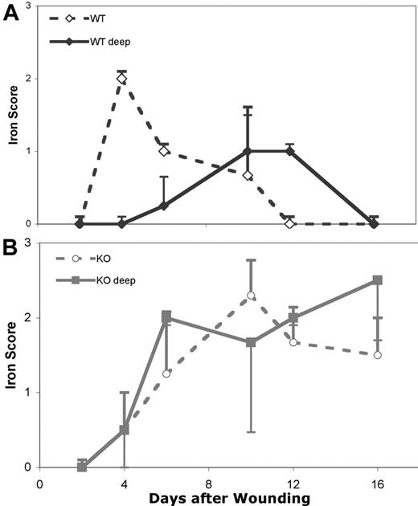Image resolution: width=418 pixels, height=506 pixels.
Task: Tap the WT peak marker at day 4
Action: [x=121, y=78]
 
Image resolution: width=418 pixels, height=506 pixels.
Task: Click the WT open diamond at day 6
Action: [x=164, y=150]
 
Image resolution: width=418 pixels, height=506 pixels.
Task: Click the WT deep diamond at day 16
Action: [x=375, y=223]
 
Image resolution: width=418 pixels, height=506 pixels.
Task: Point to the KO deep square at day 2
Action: [x=82, y=467]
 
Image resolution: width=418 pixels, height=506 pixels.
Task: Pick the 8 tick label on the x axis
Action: [x=209, y=484]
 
